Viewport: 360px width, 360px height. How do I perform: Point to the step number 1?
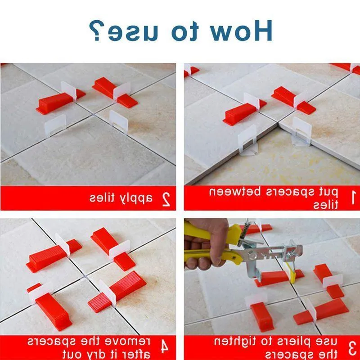tap(352, 197)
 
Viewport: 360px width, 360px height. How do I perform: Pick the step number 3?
tap(352, 347)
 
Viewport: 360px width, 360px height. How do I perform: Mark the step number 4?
tap(166, 347)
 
